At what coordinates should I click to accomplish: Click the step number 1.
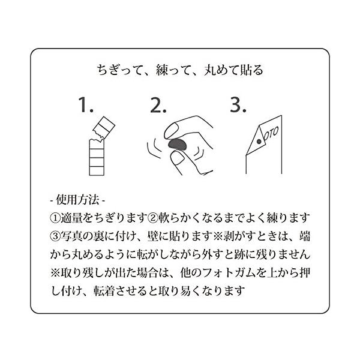tap(86, 105)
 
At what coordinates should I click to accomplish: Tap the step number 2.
tap(158, 105)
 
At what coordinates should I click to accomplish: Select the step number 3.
tap(238, 105)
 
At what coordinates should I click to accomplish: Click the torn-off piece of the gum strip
tap(104, 128)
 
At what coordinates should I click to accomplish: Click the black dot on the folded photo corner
tap(259, 142)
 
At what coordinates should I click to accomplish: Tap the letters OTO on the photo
tap(271, 134)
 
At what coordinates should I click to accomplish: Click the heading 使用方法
tap(77, 200)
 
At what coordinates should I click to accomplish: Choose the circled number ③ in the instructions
tap(55, 236)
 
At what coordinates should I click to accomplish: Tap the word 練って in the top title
tap(173, 70)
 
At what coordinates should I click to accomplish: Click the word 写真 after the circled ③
tap(71, 236)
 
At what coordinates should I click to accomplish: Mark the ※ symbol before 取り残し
tap(55, 273)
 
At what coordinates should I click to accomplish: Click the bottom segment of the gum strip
tap(97, 171)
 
